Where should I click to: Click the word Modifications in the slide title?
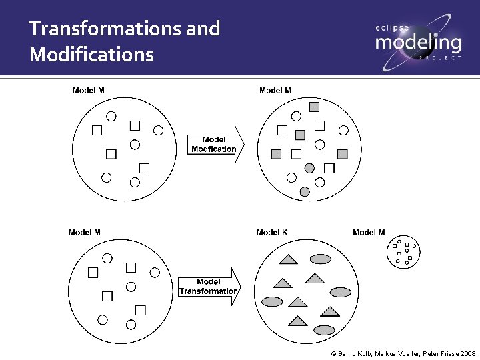(91, 54)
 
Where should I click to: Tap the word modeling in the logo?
(417, 43)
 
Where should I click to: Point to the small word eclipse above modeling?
(392, 27)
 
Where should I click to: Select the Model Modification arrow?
(215, 145)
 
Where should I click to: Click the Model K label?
(272, 233)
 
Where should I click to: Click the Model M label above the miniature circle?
(369, 233)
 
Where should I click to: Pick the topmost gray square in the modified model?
(315, 107)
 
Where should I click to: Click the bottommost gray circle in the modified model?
(305, 192)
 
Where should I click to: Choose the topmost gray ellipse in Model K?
(321, 259)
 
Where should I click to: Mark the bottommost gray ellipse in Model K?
(325, 329)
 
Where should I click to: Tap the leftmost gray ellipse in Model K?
(273, 301)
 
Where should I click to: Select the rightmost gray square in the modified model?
(343, 154)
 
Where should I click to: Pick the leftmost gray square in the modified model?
(277, 154)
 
